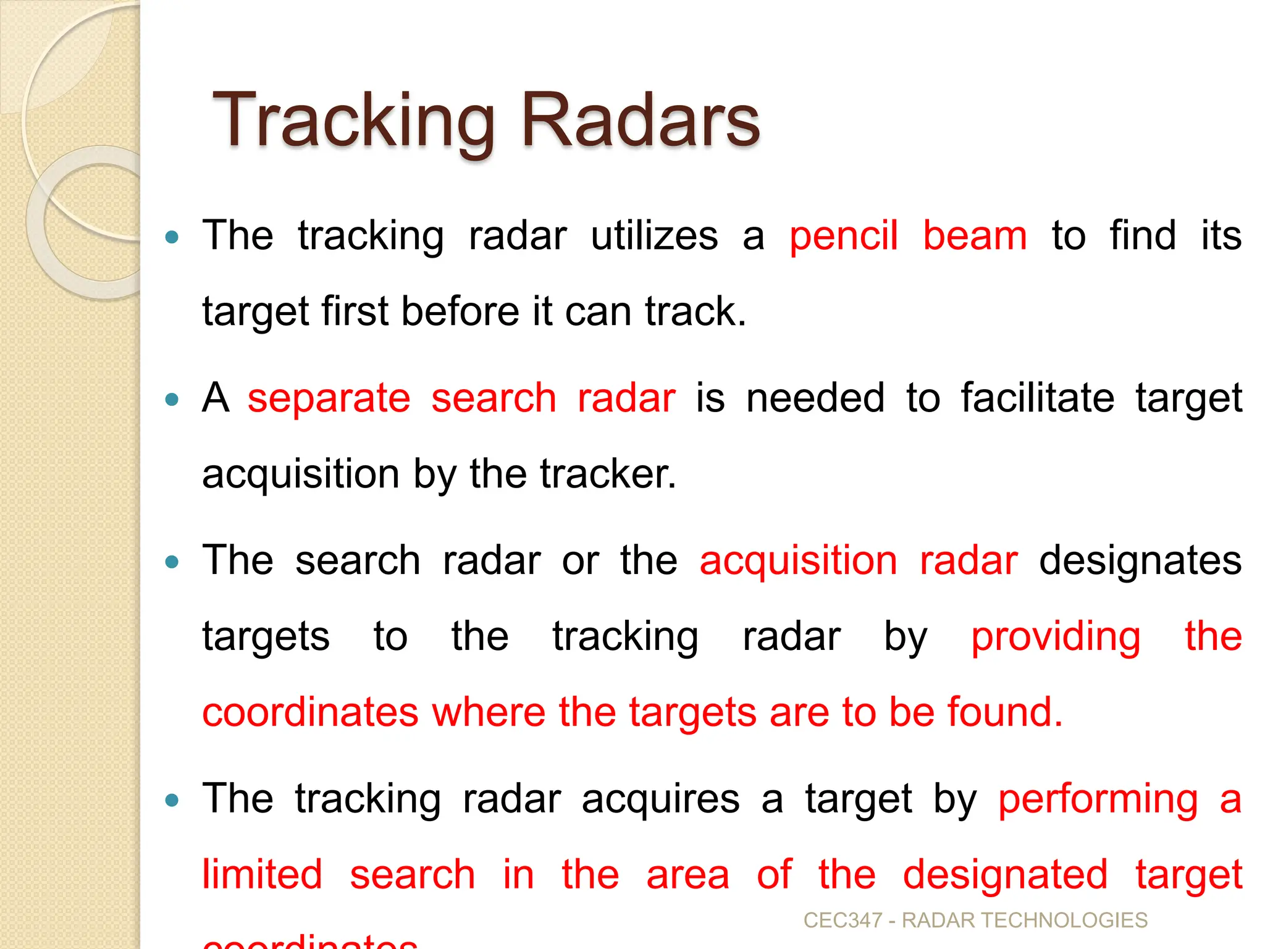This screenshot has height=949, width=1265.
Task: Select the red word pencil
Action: coord(843,237)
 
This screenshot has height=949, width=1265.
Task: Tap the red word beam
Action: coord(975,237)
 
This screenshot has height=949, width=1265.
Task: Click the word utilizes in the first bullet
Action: coord(654,237)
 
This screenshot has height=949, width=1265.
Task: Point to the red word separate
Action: coord(329,399)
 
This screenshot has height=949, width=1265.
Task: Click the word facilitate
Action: coord(1038,399)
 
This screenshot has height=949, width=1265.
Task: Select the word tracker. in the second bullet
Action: coord(608,474)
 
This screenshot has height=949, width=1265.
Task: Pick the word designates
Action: coord(1140,561)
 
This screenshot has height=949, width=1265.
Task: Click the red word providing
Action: coord(1056,637)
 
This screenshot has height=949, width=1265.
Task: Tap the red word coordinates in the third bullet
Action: coord(311,712)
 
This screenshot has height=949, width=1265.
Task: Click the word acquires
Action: coord(660,799)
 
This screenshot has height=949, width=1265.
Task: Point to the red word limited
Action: coord(263,875)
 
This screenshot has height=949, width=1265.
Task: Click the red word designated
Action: coord(1005,875)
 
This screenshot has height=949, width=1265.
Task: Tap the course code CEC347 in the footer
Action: coord(843,921)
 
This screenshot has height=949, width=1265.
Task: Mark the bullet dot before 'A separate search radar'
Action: coord(172,400)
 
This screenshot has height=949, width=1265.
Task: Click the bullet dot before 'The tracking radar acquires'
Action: coord(172,801)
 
